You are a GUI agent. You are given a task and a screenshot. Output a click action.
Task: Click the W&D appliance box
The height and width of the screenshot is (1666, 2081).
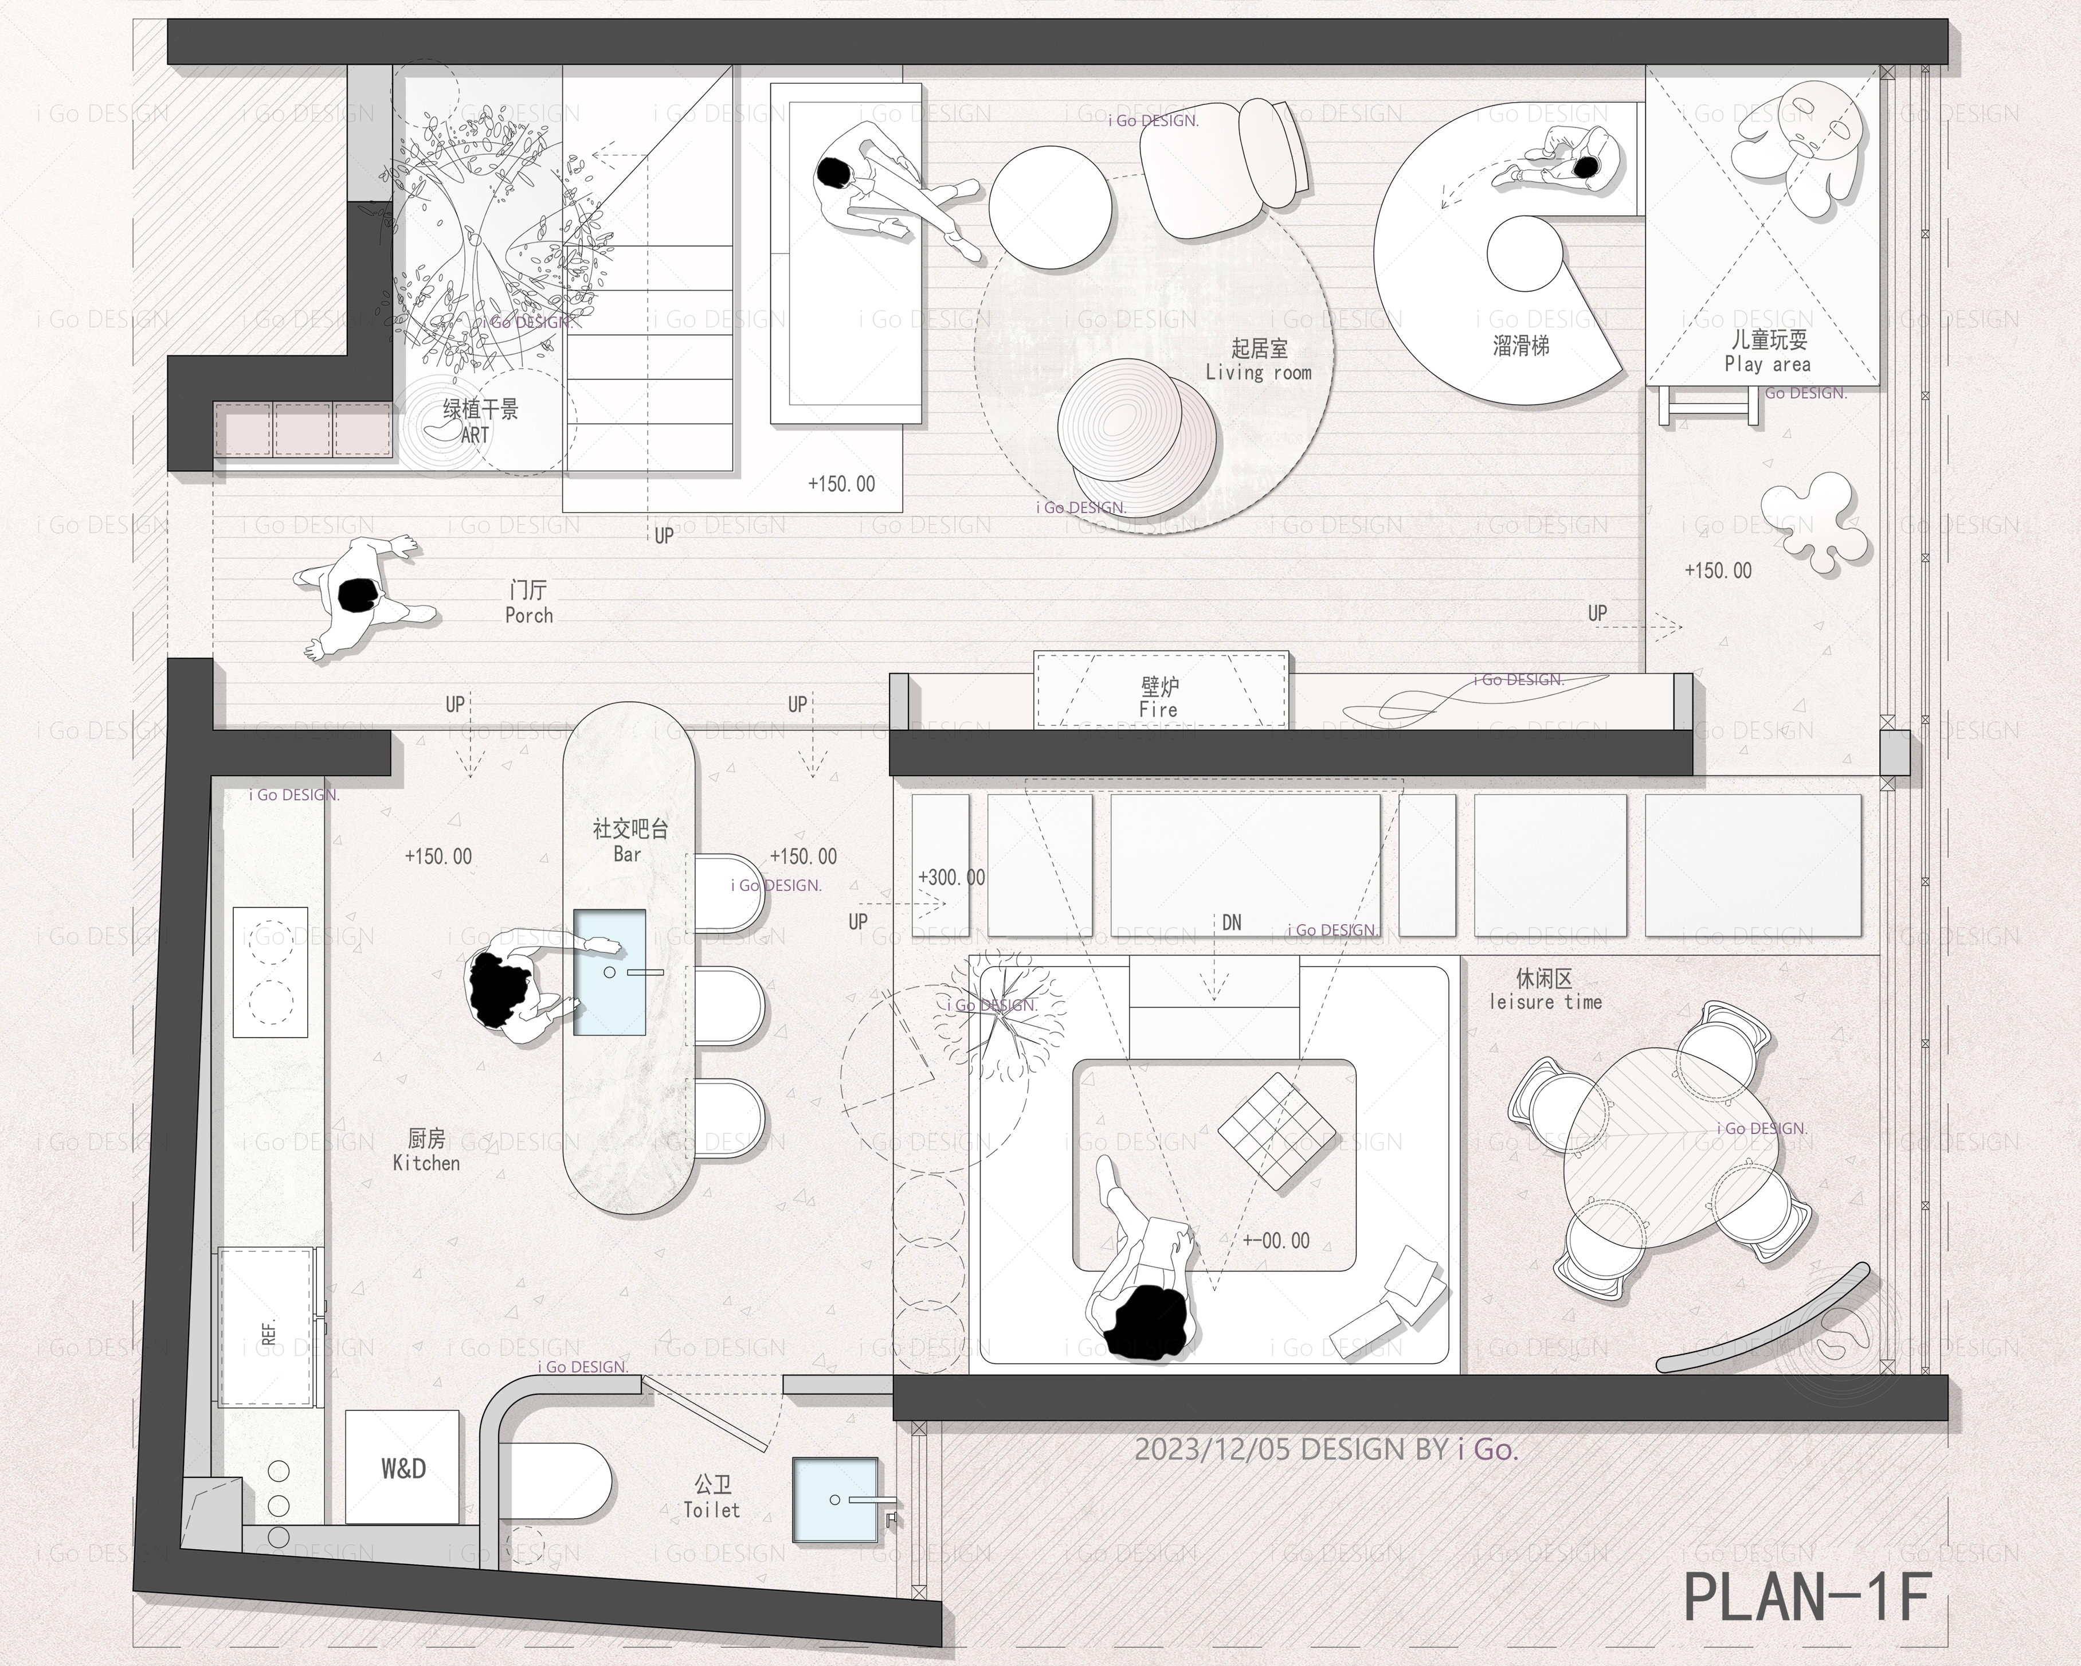(402, 1466)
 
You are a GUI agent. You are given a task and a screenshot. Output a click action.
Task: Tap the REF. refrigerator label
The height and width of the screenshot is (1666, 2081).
(269, 1332)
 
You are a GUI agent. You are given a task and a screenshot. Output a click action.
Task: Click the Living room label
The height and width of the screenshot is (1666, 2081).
(1259, 373)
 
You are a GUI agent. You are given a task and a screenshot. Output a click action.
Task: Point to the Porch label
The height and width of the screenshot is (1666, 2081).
(529, 615)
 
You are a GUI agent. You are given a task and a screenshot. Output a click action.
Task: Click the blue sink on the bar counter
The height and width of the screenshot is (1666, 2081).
(609, 971)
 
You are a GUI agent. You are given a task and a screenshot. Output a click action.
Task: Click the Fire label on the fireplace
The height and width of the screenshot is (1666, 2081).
(1158, 709)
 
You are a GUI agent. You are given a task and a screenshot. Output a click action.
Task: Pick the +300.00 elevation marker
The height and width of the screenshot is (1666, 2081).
(952, 877)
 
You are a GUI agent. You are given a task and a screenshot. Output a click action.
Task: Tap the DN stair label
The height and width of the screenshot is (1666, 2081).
(1232, 923)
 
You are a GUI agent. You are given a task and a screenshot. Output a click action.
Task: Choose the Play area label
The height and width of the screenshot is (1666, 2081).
(1768, 364)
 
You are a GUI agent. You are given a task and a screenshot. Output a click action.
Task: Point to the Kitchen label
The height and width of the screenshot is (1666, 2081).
(426, 1163)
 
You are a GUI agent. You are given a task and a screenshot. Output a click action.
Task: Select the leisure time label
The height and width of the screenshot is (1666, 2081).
(1545, 1002)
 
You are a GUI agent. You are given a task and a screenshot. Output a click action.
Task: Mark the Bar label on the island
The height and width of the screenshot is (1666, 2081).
(628, 854)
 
